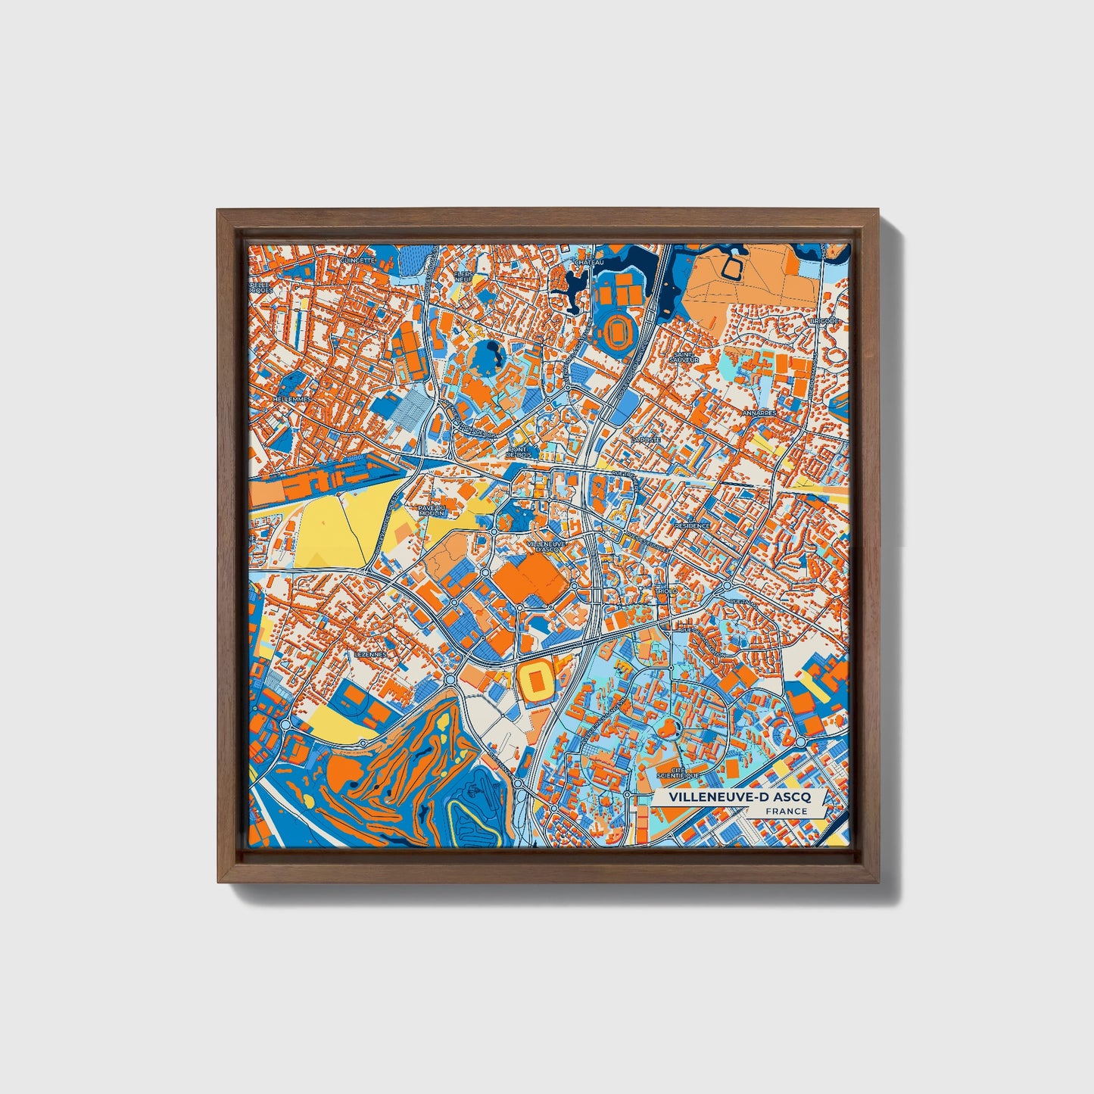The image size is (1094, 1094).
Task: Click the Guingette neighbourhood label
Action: click(357, 260)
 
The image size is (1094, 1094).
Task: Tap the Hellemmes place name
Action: click(291, 398)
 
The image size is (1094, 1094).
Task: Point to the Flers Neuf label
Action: click(463, 276)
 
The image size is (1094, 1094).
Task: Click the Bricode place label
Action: click(824, 321)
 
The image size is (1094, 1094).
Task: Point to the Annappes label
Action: click(759, 413)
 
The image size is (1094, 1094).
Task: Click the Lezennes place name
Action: click(370, 654)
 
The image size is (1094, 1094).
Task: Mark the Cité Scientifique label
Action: click(679, 772)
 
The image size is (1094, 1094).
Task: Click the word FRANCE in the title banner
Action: click(785, 811)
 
